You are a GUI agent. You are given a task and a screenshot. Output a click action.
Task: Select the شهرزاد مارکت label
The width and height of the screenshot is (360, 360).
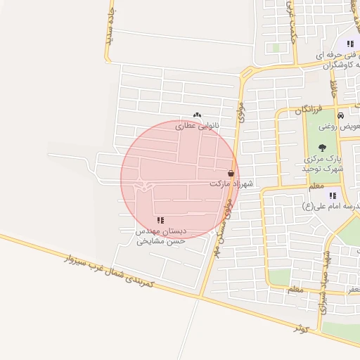pyautogui.click(x=230, y=184)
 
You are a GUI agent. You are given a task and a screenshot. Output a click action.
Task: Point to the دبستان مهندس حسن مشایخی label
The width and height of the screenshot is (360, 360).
pyautogui.click(x=162, y=235)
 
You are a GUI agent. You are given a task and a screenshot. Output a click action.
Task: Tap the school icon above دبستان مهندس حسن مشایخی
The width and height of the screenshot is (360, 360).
pyautogui.click(x=161, y=220)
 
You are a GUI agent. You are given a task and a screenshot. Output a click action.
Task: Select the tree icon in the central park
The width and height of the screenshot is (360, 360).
pyautogui.click(x=322, y=148)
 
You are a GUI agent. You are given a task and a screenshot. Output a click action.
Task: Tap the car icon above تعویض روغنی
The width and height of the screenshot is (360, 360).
pyautogui.click(x=340, y=115)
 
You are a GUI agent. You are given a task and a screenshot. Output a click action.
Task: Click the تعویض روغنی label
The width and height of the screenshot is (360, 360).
pyautogui.click(x=339, y=127)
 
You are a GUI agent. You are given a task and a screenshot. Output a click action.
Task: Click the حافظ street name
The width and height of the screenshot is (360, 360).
pyautogui.click(x=335, y=89)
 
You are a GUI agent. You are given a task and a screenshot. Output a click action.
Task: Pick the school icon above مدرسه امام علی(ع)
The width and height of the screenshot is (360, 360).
pyautogui.click(x=333, y=195)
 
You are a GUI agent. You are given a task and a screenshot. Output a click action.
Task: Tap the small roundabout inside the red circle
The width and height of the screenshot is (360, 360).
pyautogui.click(x=146, y=186)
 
